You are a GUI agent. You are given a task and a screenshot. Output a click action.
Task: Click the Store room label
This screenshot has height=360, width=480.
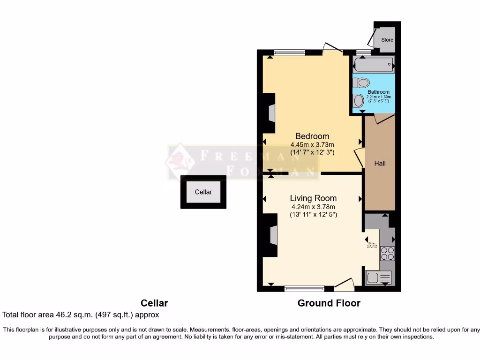pyautogui.click(x=387, y=40)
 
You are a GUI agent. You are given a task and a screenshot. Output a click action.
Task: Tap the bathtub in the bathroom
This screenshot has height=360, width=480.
pyautogui.click(x=374, y=64)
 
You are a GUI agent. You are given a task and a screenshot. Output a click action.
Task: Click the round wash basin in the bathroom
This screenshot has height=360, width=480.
pyautogui.click(x=359, y=100)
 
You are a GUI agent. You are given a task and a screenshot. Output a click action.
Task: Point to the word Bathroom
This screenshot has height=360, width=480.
pyautogui.click(x=378, y=92)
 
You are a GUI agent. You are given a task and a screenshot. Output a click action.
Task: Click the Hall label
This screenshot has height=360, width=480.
pyautogui.click(x=380, y=164)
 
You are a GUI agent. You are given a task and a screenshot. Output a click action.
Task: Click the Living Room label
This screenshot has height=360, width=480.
pyautogui.click(x=313, y=198)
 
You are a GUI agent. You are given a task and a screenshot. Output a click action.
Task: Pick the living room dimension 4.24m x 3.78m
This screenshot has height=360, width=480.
pyautogui.click(x=313, y=207)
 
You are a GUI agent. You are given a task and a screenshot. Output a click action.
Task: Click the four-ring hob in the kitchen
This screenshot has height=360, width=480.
pyautogui.click(x=387, y=253)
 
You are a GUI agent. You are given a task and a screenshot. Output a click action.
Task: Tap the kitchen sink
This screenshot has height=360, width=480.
pyautogui.click(x=374, y=277)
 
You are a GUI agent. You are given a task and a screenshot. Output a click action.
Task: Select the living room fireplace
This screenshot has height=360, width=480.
pyautogui.click(x=272, y=235)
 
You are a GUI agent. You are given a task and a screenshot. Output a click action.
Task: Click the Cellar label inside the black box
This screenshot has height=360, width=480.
pyautogui.click(x=203, y=192)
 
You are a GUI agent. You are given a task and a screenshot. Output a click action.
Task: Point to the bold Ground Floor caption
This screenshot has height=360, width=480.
pyautogui.click(x=329, y=303)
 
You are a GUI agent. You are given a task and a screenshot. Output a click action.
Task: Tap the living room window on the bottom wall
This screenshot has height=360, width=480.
pyautogui.click(x=304, y=289)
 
